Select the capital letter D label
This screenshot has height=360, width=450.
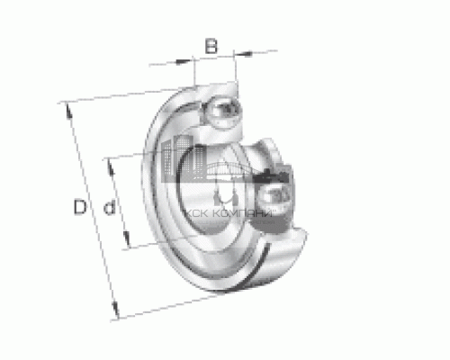(x=80, y=209)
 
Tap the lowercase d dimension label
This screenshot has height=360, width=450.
(x=109, y=209)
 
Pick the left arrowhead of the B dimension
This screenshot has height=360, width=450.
(x=191, y=61)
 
